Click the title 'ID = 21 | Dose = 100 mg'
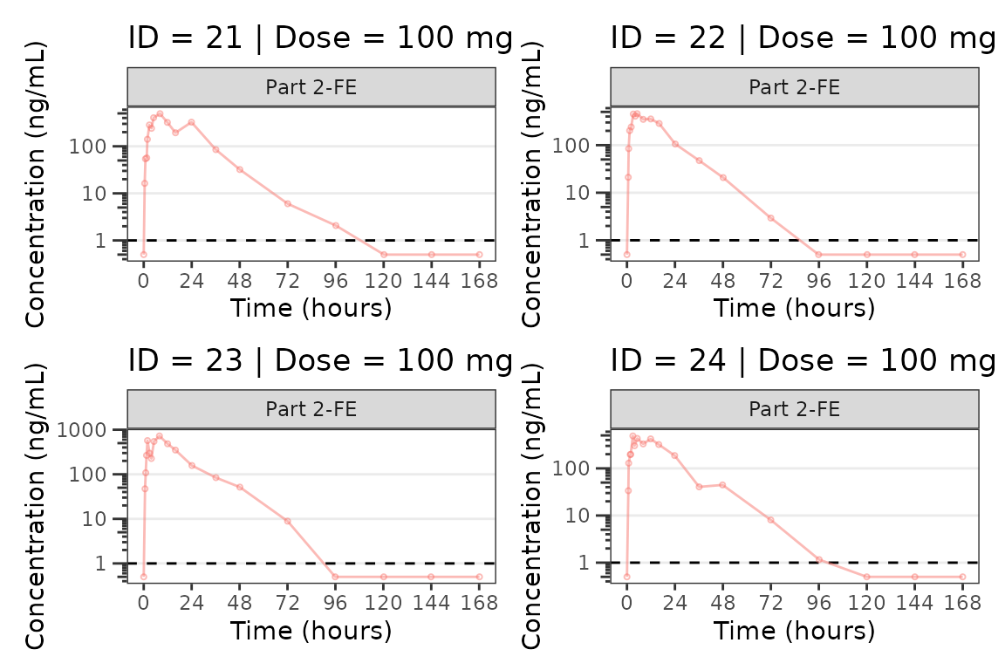pyautogui.click(x=320, y=38)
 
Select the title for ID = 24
pyautogui.click(x=803, y=360)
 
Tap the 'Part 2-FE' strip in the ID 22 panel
pyautogui.click(x=795, y=87)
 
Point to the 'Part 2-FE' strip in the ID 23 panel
pyautogui.click(x=311, y=409)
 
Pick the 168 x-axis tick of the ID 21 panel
pyautogui.click(x=479, y=281)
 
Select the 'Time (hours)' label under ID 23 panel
pyautogui.click(x=311, y=630)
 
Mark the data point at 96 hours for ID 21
pyautogui.click(x=335, y=225)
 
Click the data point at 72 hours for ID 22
pyautogui.click(x=770, y=217)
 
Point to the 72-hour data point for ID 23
pyautogui.click(x=287, y=521)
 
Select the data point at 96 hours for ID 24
pyautogui.click(x=818, y=559)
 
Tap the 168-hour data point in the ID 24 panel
pyautogui.click(x=962, y=577)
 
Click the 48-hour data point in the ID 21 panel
pyautogui.click(x=240, y=169)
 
